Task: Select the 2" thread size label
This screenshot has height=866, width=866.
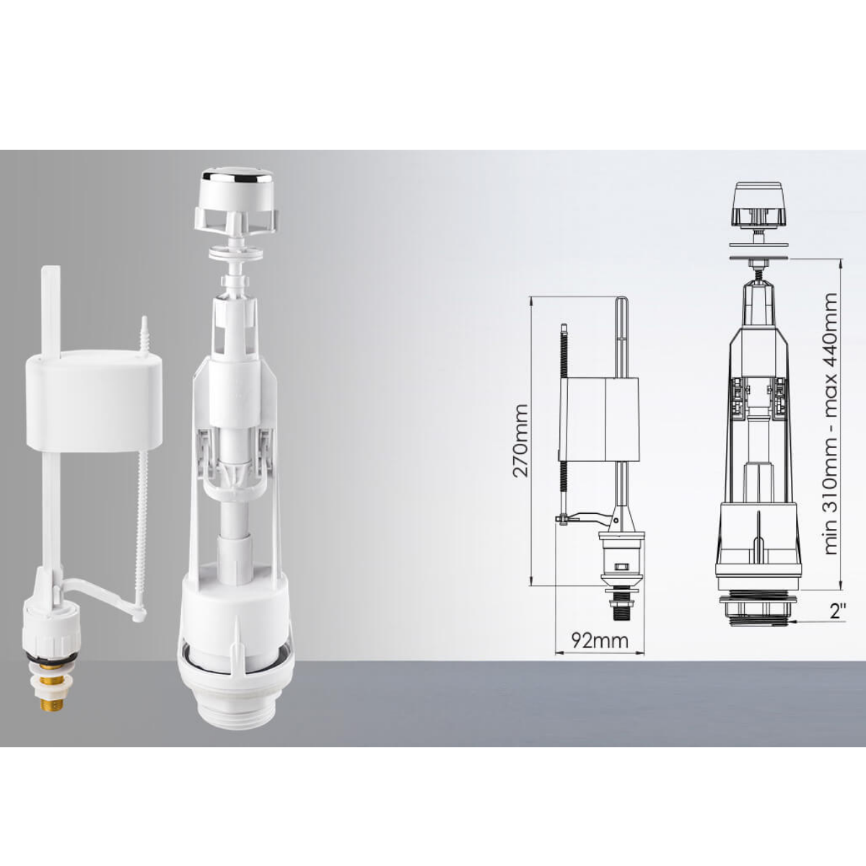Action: (838, 612)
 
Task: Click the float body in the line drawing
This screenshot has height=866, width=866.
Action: (598, 420)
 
